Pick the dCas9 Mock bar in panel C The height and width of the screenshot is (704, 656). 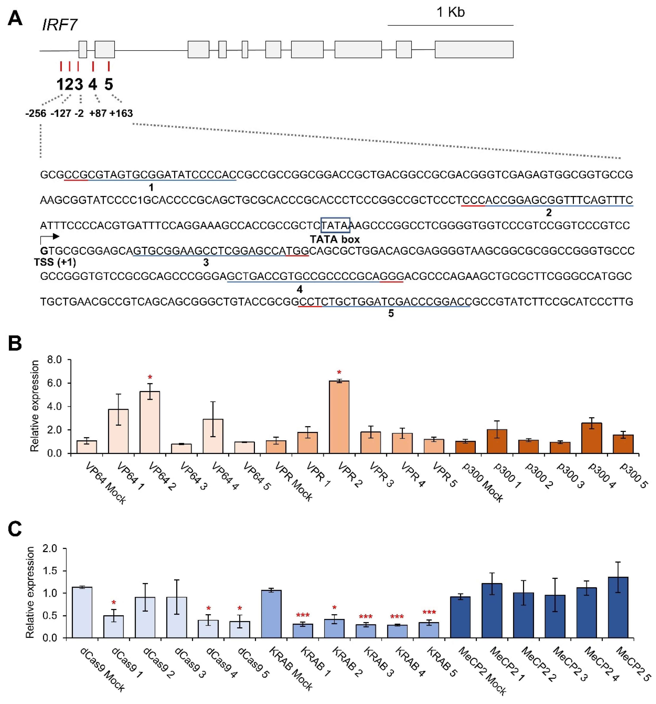tap(82, 613)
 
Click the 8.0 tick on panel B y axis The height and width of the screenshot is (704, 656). tap(54, 360)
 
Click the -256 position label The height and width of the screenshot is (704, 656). tap(36, 113)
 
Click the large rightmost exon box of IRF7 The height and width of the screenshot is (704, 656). tap(474, 50)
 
